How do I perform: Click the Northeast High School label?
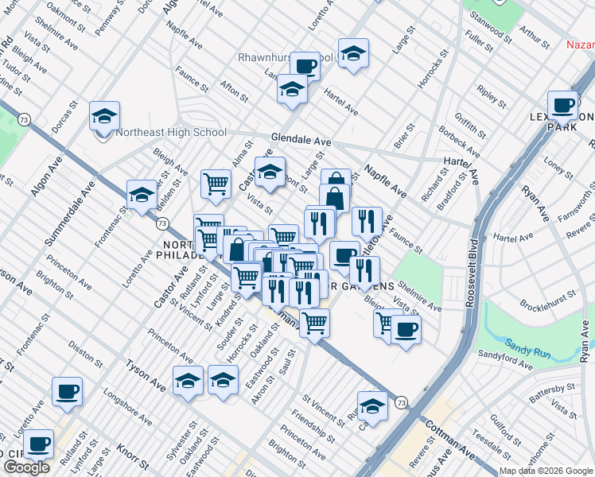coord(171,133)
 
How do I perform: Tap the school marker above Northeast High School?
coord(104,117)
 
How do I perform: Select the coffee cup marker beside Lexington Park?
coord(563,107)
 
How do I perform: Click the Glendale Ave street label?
coord(301,140)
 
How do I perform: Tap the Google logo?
coord(26,467)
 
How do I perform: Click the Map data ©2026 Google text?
coord(546,471)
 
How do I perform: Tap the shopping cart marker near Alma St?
coord(216,184)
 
